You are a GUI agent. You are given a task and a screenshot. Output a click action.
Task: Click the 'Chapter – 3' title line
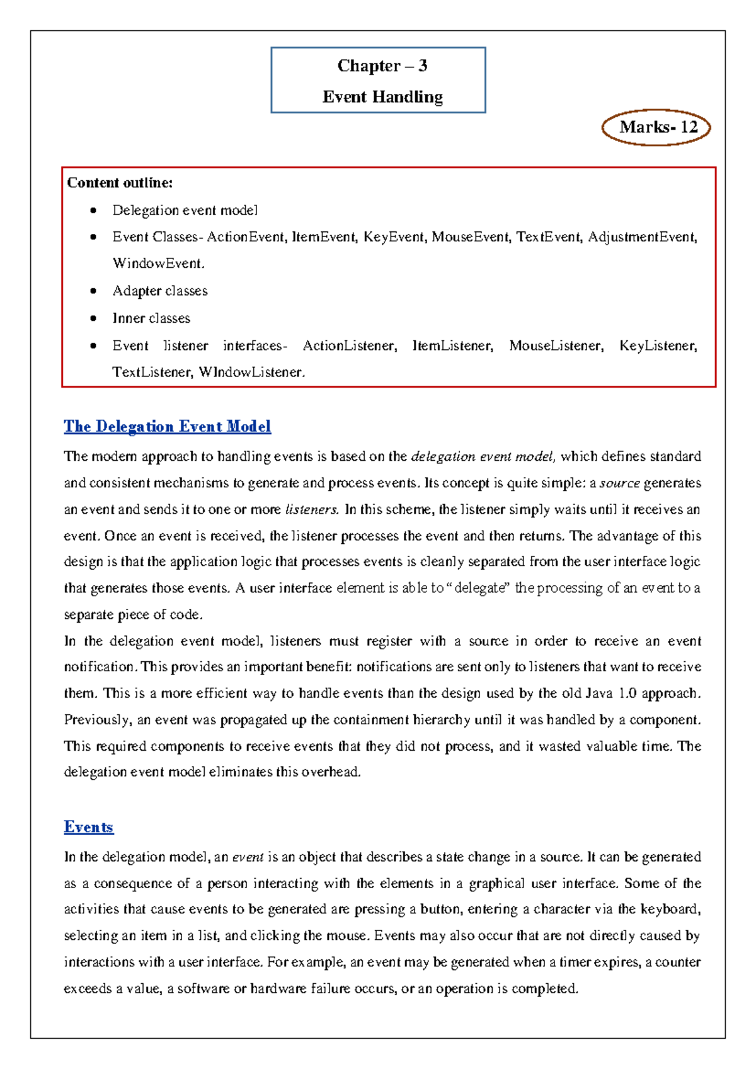pos(382,66)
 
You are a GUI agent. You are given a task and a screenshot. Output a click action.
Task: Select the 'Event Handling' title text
pos(382,96)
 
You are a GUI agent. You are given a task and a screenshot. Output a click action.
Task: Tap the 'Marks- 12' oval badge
pos(656,127)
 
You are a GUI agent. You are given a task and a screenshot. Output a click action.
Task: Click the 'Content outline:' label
pos(120,183)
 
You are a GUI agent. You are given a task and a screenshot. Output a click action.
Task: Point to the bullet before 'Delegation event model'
pos(93,211)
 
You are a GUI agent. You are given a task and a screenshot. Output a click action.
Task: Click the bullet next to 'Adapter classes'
pos(93,291)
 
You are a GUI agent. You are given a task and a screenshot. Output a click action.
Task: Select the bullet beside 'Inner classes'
pos(93,318)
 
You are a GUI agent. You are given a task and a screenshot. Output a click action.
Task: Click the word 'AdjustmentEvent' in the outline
pos(641,237)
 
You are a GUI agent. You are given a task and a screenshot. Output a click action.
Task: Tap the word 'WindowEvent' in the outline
pos(157,263)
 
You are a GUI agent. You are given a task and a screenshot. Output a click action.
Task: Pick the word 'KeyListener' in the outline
pos(657,345)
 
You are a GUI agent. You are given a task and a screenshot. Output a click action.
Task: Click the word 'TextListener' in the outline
pos(152,372)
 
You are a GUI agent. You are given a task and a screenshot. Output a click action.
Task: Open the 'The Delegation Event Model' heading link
pos(167,427)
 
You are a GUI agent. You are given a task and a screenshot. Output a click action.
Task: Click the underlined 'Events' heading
pos(88,827)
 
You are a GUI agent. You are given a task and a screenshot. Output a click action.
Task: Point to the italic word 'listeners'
pos(312,509)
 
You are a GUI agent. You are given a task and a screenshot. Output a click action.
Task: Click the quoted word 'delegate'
pos(480,588)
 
